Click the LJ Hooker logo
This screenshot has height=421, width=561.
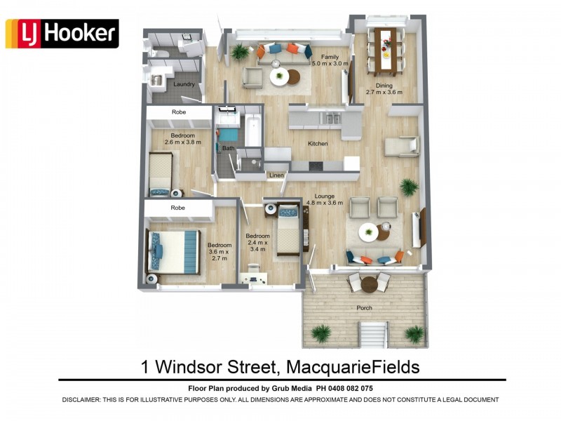pos(62,34)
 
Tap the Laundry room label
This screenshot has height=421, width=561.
pos(184,85)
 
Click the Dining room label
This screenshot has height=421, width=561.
pos(384,82)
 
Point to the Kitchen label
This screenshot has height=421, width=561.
pos(318,143)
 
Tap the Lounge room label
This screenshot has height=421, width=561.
pos(324,196)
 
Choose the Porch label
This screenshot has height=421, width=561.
pos(364,308)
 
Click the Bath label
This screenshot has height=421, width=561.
pos(228,149)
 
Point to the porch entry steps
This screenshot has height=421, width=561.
pos(374,335)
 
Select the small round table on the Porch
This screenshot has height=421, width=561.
pos(369,284)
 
